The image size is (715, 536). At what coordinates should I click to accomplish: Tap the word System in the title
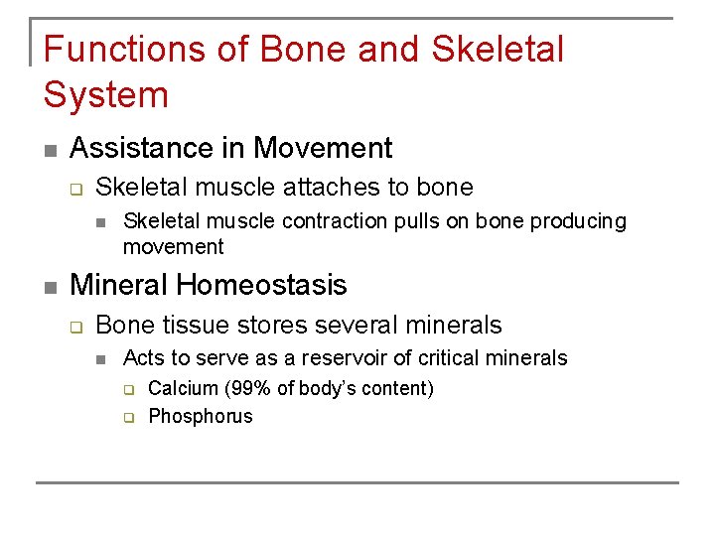[106, 95]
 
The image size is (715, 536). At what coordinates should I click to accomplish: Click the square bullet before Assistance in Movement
[50, 151]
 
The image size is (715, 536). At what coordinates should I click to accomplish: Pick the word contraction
[335, 220]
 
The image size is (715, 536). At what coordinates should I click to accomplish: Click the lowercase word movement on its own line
[173, 246]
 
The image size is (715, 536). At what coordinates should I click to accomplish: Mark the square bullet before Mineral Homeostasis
[50, 288]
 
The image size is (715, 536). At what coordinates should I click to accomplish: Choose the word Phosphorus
[200, 416]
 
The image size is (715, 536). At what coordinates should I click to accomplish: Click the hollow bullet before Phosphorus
[128, 417]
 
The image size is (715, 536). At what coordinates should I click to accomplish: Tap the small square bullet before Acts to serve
[101, 359]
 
